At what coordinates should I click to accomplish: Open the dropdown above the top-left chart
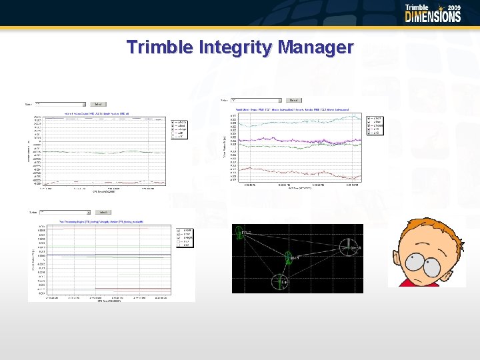61,104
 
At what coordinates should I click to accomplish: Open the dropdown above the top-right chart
257,100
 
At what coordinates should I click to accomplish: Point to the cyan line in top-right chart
300,119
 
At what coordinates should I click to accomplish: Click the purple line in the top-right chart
300,140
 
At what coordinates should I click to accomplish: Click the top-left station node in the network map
239,233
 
